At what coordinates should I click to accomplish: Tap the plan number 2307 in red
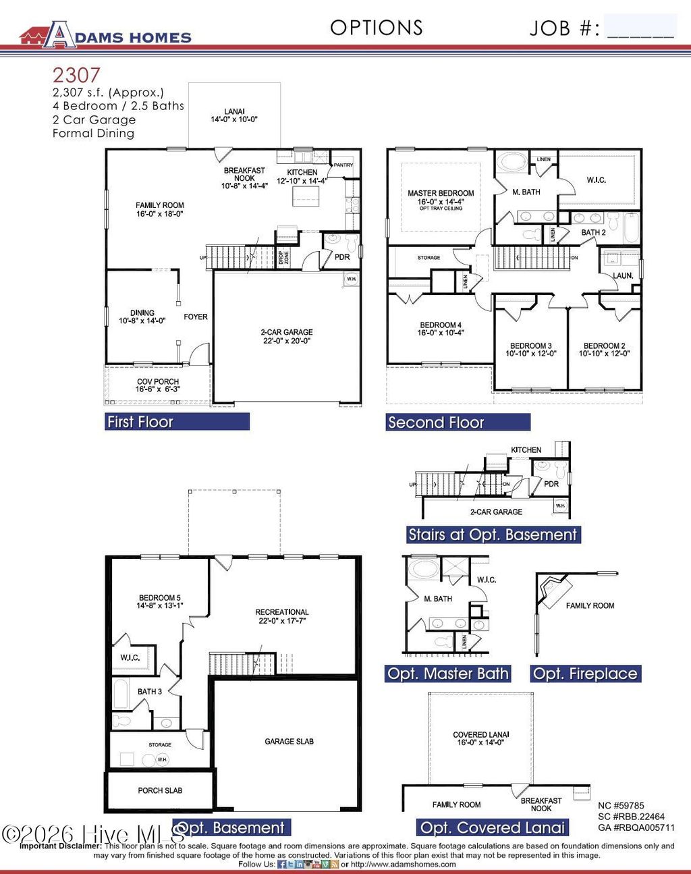[x=76, y=75]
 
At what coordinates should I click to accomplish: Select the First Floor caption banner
[x=177, y=422]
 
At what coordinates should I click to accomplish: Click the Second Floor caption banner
[x=458, y=422]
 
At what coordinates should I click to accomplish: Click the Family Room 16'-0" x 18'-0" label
[x=159, y=210]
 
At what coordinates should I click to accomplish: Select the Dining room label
[x=142, y=317]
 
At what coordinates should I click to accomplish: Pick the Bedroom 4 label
[x=441, y=329]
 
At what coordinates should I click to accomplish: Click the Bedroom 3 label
[x=531, y=350]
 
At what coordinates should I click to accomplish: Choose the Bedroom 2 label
[x=604, y=350]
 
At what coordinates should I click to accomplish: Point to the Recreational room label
[x=281, y=616]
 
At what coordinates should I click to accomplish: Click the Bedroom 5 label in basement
[x=159, y=601]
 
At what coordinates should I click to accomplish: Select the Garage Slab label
[x=289, y=741]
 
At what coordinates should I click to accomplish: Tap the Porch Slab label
[x=160, y=790]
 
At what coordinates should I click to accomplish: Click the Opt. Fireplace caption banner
[x=585, y=674]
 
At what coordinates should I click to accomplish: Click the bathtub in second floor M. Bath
[x=513, y=163]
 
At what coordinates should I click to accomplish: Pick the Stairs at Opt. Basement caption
[x=493, y=535]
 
